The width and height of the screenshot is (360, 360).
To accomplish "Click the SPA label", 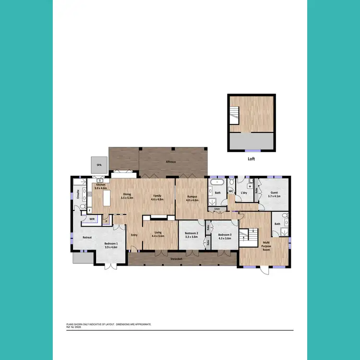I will (x=99, y=165).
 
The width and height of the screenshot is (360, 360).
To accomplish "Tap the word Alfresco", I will (x=170, y=162).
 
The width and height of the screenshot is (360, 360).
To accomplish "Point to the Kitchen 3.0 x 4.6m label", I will (x=100, y=186).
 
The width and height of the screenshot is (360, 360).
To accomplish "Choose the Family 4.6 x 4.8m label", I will (x=157, y=197).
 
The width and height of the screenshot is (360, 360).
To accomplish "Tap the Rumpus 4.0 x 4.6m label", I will (x=192, y=197).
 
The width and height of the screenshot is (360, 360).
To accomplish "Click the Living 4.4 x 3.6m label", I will (x=158, y=235).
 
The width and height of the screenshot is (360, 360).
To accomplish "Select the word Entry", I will (x=135, y=235).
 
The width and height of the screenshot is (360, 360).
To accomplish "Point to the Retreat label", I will (x=87, y=237).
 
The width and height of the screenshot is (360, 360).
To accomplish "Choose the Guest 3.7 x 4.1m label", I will (x=274, y=194).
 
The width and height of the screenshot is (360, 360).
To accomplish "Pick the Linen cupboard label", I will (x=217, y=208).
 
